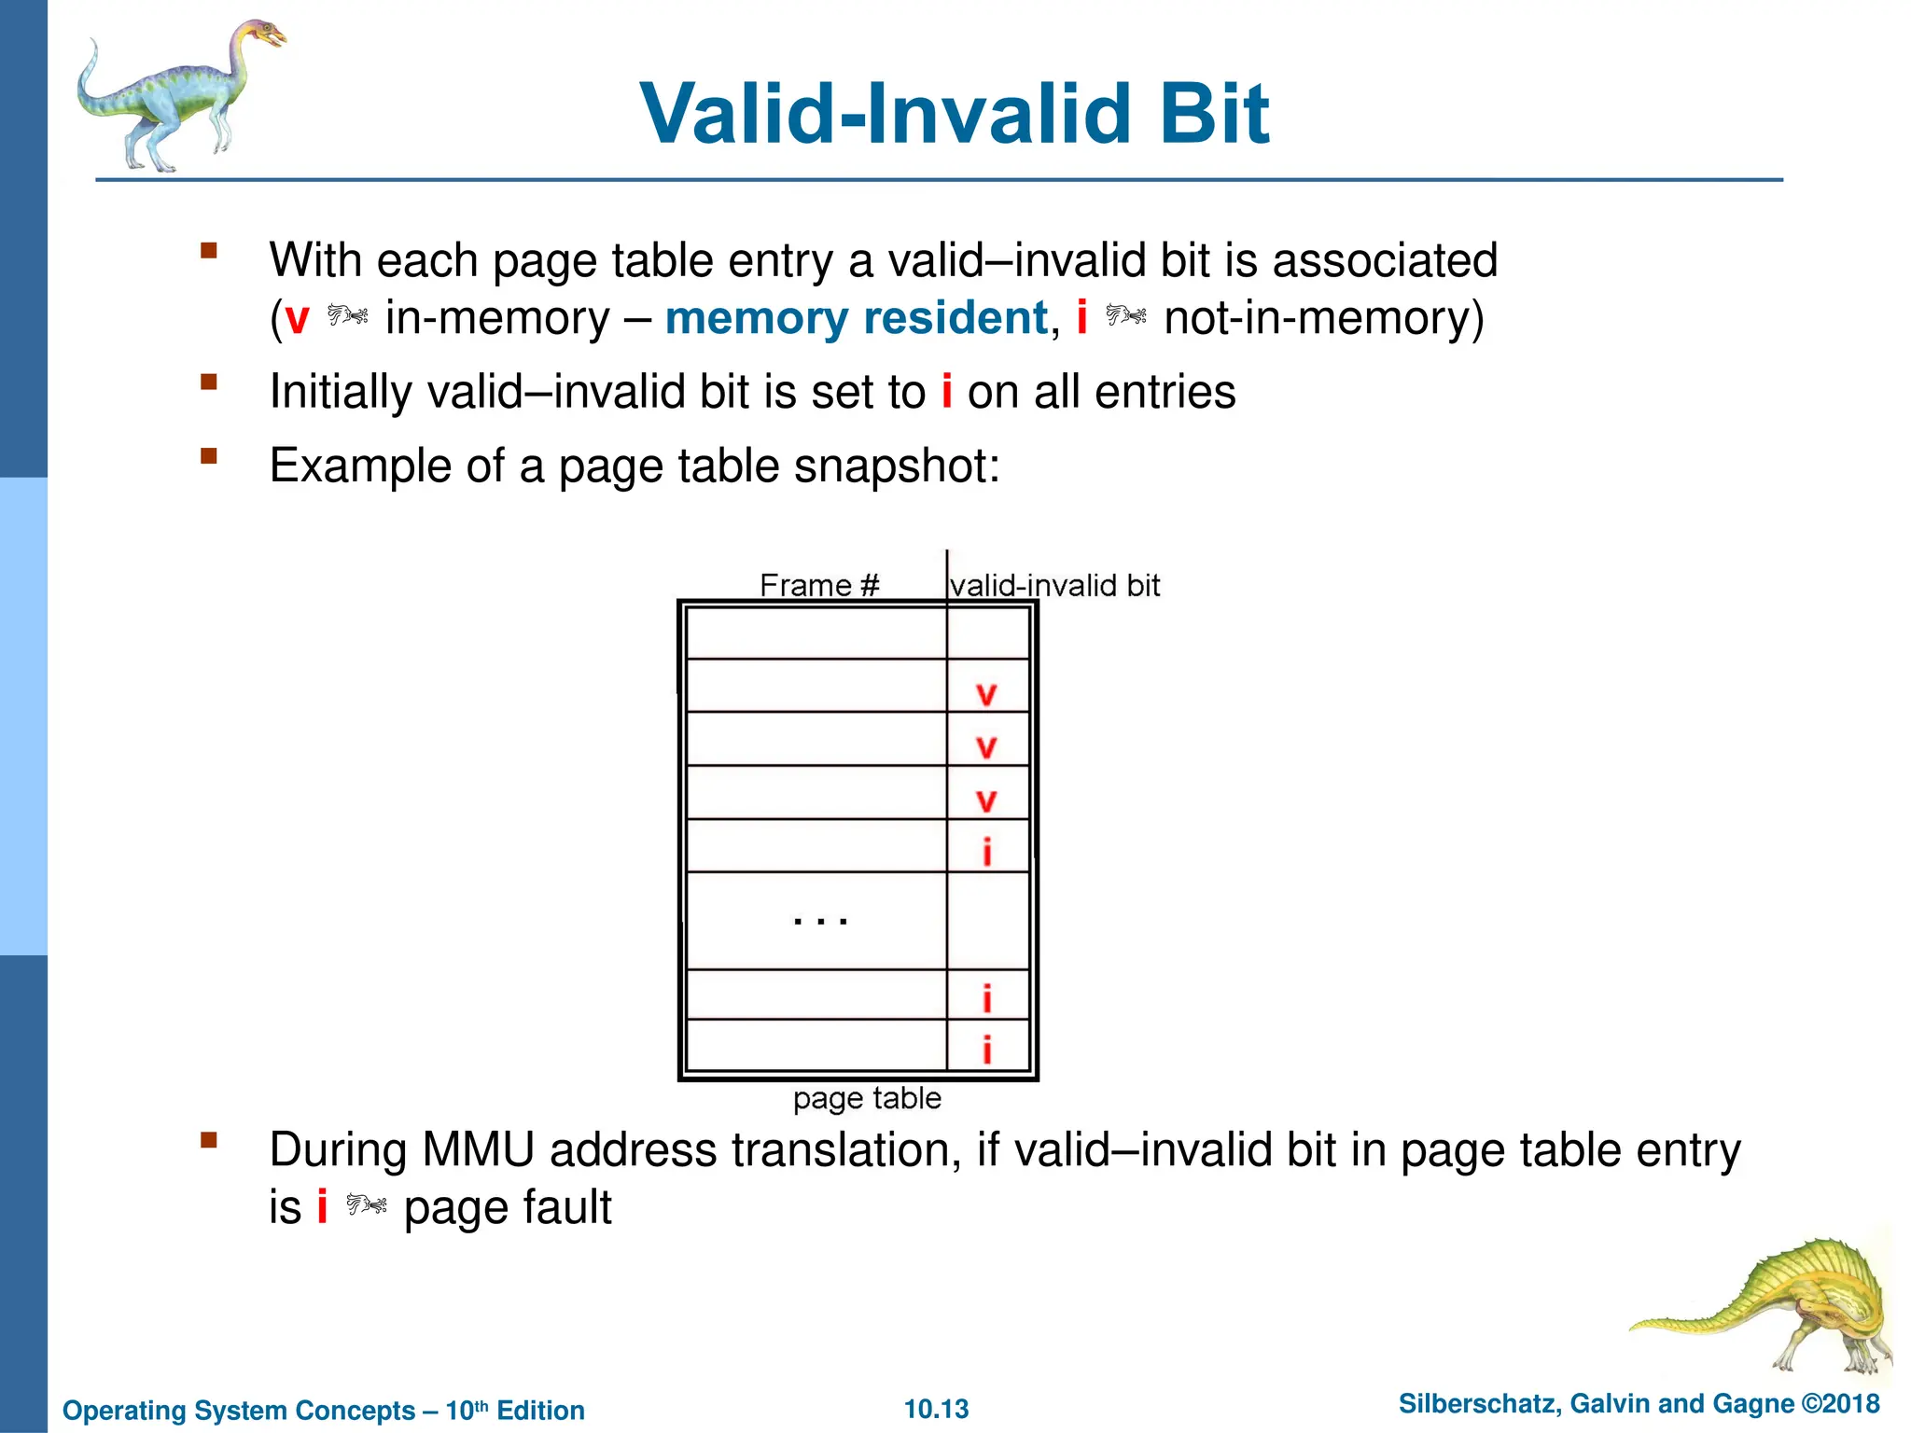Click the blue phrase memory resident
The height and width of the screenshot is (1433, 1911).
point(857,318)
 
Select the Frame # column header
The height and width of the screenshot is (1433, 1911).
point(819,585)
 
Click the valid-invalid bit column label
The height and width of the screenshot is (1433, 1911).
point(1054,585)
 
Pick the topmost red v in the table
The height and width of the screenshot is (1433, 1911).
point(986,694)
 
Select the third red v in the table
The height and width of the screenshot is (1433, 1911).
point(986,800)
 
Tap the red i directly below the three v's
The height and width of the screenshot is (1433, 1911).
point(986,852)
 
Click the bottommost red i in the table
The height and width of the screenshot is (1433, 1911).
point(986,1050)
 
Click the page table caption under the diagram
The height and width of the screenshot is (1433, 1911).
point(867,1098)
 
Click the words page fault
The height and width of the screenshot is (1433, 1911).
point(508,1208)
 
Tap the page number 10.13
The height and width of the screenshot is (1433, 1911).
point(936,1409)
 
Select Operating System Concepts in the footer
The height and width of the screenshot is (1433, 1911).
point(239,1411)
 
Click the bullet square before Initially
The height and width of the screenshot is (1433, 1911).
point(208,382)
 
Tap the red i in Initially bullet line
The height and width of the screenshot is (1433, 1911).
point(946,392)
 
